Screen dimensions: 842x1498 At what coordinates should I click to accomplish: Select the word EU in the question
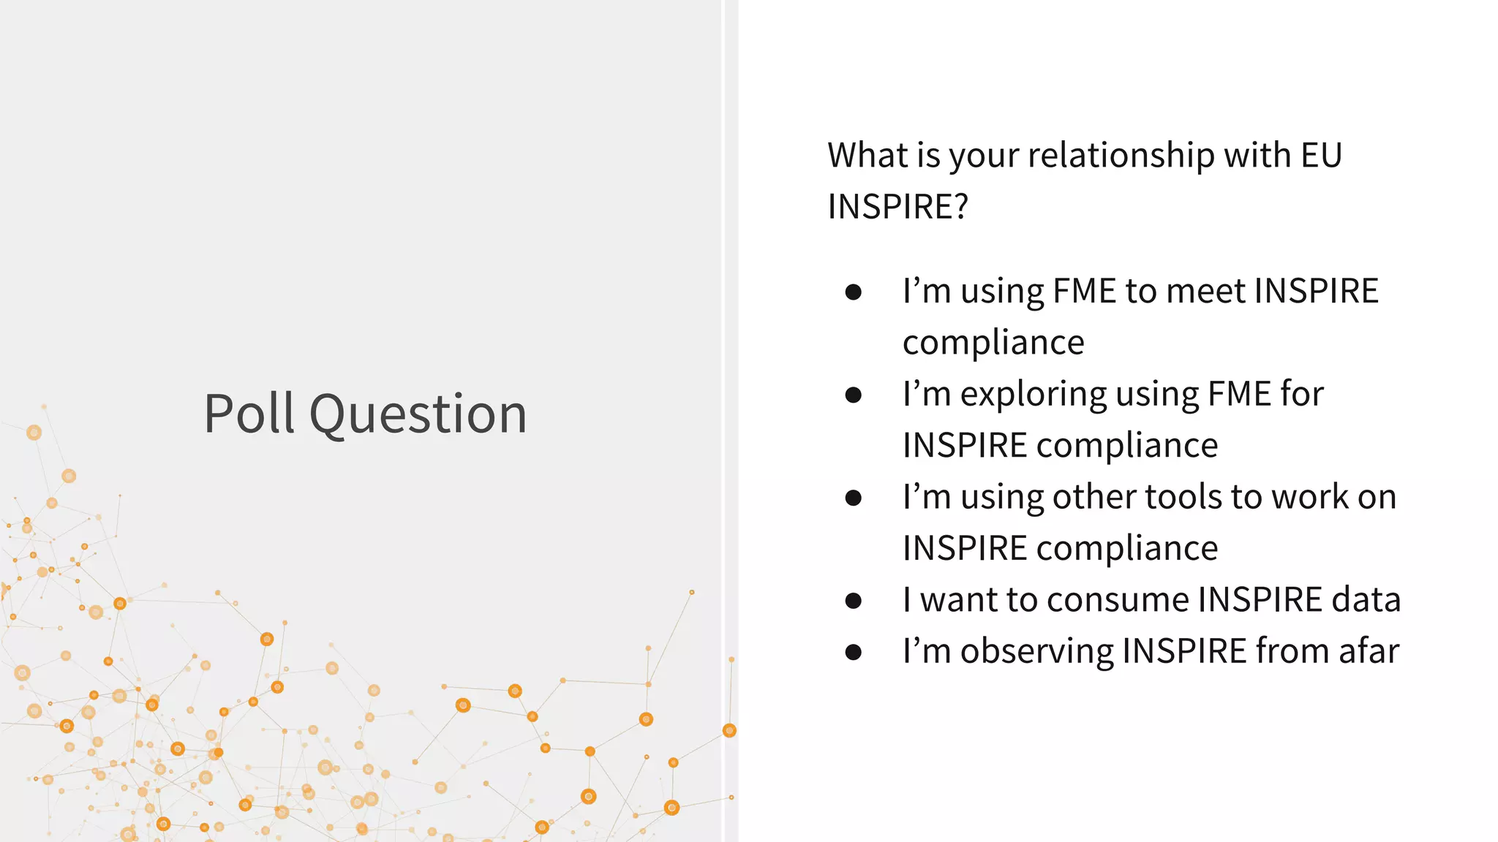[1321, 156]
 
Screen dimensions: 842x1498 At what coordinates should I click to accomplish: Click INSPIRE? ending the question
[897, 207]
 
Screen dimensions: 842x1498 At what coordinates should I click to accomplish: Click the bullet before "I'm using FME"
[853, 292]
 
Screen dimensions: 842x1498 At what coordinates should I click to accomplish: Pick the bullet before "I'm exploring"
[853, 395]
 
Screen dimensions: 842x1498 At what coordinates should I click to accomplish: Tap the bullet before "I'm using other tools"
[853, 498]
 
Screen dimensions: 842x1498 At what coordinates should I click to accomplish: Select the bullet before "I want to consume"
[853, 601]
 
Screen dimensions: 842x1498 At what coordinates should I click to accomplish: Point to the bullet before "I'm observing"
[853, 652]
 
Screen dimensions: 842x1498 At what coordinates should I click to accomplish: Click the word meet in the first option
[1205, 291]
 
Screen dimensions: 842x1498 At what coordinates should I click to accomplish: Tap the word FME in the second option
[1239, 394]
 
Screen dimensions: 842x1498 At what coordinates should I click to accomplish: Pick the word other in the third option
[1094, 497]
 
